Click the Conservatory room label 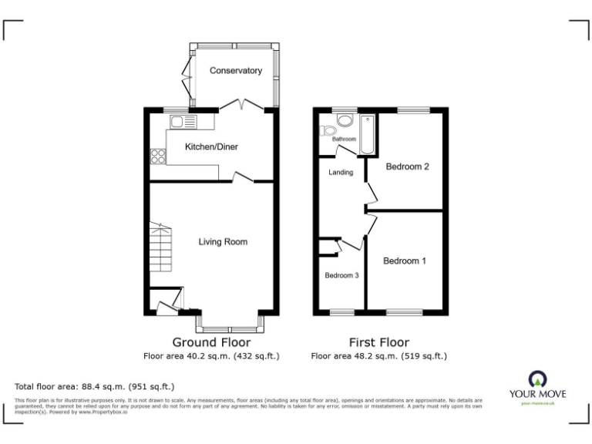coord(236,71)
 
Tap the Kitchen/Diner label coord(210,146)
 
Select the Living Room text coord(223,242)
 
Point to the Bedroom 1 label coord(405,261)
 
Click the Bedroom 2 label coord(407,166)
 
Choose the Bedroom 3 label coord(341,276)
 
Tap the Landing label coord(341,173)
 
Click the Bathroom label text coord(344,140)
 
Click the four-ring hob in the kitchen coord(158,156)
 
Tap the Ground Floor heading coord(210,342)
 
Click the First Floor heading coord(378,342)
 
